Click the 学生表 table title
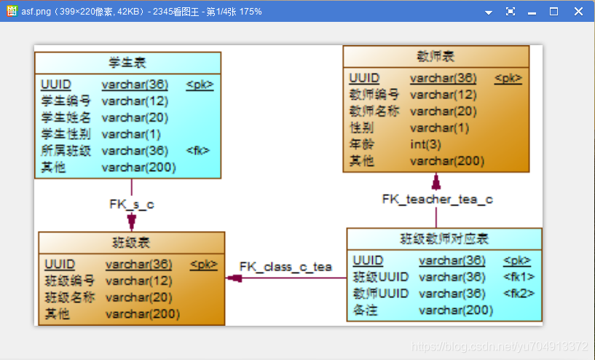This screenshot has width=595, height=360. [x=127, y=63]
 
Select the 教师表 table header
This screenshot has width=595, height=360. [x=436, y=56]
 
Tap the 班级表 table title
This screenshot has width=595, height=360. [x=131, y=242]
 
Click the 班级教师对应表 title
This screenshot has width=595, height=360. [x=444, y=238]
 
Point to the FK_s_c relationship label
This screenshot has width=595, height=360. [x=132, y=204]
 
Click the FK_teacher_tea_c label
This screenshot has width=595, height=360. [x=438, y=199]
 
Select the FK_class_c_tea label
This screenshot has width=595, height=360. [x=285, y=267]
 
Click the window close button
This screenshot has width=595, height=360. [x=578, y=11]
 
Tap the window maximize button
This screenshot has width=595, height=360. [x=553, y=11]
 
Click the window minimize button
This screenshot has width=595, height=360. [x=532, y=11]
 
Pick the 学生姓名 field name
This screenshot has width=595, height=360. [x=66, y=117]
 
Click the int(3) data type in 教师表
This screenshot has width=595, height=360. [x=425, y=144]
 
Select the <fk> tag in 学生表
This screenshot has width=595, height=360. [x=198, y=151]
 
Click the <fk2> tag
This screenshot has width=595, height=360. [x=519, y=293]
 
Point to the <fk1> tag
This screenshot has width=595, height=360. [x=519, y=277]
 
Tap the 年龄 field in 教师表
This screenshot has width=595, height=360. [x=362, y=144]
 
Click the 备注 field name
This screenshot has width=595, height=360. [x=365, y=310]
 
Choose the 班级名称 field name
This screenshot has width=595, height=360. [x=70, y=297]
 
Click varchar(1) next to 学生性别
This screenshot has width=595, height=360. [x=131, y=134]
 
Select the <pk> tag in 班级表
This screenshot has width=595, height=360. [x=203, y=265]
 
